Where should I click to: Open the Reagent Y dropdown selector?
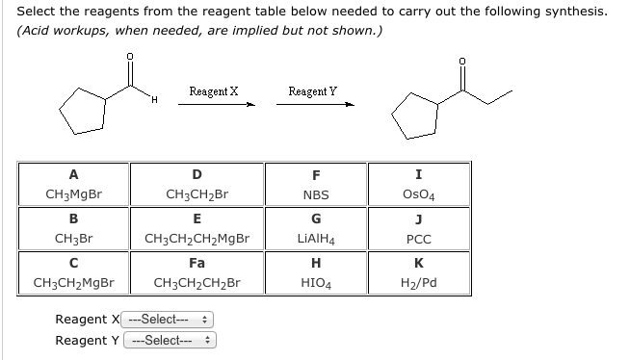(169, 341)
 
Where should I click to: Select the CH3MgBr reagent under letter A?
(73, 193)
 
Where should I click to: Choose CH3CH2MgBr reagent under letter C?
(73, 283)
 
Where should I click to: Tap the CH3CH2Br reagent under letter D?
(197, 193)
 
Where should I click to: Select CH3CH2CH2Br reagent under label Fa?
(197, 283)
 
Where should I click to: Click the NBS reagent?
(316, 193)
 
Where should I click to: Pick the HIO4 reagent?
(316, 283)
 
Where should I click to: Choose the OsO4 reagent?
(417, 193)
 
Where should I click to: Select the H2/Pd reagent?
(417, 283)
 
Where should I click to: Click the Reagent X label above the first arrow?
(213, 91)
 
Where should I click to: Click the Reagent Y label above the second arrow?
(312, 91)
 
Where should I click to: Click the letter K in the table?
(417, 262)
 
